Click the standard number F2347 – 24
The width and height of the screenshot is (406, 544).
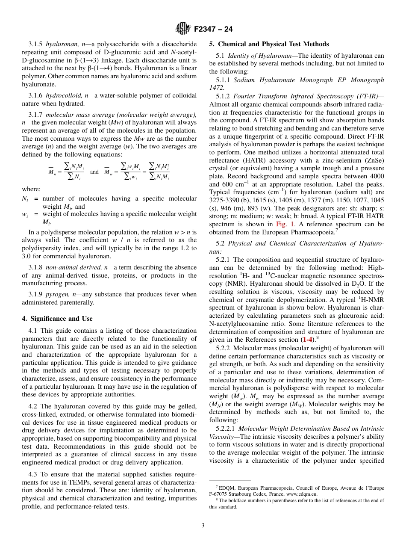pyautogui.click(x=213, y=30)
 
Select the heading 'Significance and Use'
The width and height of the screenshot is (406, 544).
pyautogui.click(x=62, y=319)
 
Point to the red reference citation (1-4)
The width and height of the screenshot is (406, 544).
pyautogui.click(x=307, y=339)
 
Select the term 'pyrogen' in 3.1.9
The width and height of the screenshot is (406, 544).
pyautogui.click(x=56, y=294)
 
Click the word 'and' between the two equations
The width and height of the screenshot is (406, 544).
pyautogui.click(x=94, y=171)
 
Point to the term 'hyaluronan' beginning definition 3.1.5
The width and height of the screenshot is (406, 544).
pyautogui.click(x=60, y=44)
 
